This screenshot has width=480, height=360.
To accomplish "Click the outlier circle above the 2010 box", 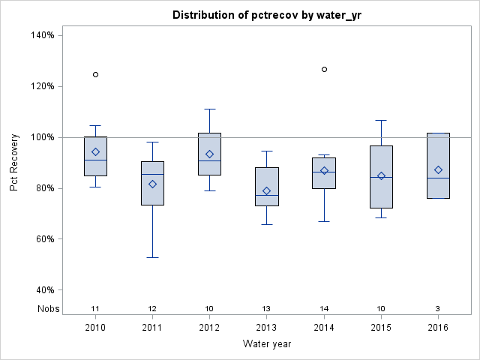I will pyautogui.click(x=95, y=74).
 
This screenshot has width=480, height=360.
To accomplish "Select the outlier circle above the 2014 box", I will pyautogui.click(x=324, y=69).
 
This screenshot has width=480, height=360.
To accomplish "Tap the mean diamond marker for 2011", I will pyautogui.click(x=152, y=184).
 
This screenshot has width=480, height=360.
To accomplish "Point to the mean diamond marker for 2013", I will pyautogui.click(x=266, y=190).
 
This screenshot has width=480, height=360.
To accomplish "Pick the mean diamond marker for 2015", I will pyautogui.click(x=381, y=175).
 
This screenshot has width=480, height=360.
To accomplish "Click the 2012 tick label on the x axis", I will pyautogui.click(x=209, y=328).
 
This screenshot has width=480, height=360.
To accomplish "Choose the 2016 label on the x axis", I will pyautogui.click(x=438, y=328).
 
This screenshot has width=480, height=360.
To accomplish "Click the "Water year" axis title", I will pyautogui.click(x=266, y=344).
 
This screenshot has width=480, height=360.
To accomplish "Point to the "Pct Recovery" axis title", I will pyautogui.click(x=15, y=163).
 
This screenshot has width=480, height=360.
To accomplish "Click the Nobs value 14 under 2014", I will pyautogui.click(x=324, y=308).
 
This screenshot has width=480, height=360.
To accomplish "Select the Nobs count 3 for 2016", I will pyautogui.click(x=438, y=308).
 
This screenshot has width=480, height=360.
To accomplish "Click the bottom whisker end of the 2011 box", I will pyautogui.click(x=152, y=257).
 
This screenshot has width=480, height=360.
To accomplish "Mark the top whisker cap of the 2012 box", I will pyautogui.click(x=209, y=109).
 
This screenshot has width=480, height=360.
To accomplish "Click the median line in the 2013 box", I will pyautogui.click(x=266, y=195).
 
